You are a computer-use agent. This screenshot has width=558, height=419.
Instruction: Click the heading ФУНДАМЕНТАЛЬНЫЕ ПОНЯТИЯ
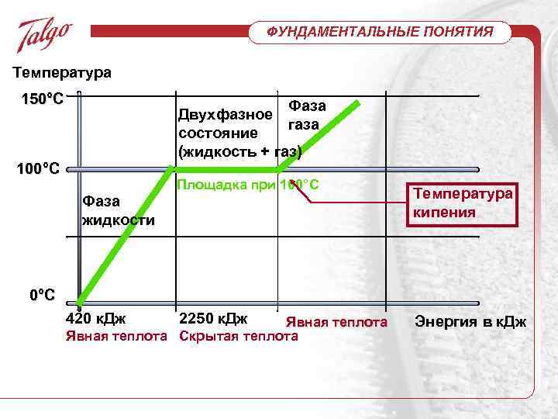380,32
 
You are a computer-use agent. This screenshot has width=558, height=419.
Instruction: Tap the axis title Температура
62,73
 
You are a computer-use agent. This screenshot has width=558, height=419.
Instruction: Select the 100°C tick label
40,168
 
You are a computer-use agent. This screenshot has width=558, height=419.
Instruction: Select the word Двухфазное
225,116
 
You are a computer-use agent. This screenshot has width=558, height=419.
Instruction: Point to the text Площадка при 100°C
248,185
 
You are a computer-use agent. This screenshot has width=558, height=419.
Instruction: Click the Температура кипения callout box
463,201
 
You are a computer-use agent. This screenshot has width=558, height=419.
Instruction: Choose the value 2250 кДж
213,319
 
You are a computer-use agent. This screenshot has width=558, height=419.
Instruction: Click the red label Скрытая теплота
239,336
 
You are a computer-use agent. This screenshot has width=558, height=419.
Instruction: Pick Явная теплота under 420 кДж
117,336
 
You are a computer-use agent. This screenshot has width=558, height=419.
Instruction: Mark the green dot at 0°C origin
81,301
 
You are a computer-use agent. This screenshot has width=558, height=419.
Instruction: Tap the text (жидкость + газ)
239,150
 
